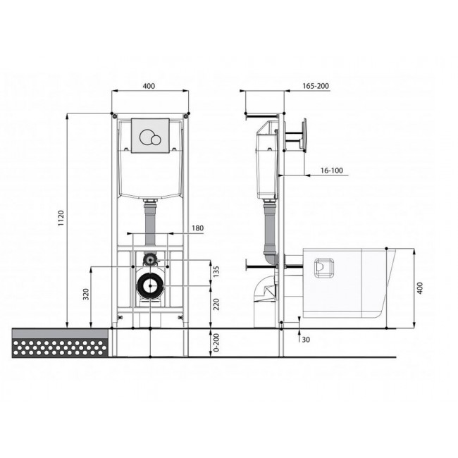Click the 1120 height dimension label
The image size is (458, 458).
61,218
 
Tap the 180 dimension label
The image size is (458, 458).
197,228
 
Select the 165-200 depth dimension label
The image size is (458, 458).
316,86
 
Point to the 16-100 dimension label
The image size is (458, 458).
332,171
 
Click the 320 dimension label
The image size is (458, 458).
86,294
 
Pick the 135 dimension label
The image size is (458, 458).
216,272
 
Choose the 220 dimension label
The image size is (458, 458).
216,304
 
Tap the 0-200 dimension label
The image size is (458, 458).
216,342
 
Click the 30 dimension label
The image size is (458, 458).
306,340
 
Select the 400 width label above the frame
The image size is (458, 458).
149,86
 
